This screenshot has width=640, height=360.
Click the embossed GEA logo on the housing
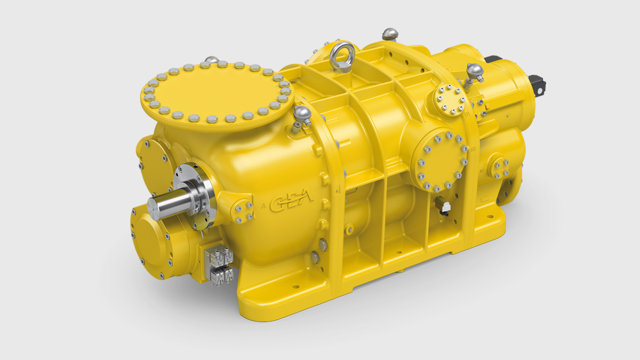tap(292, 204)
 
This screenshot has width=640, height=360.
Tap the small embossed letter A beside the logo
tap(264, 205)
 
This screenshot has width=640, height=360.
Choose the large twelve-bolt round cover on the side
tap(441, 161)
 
